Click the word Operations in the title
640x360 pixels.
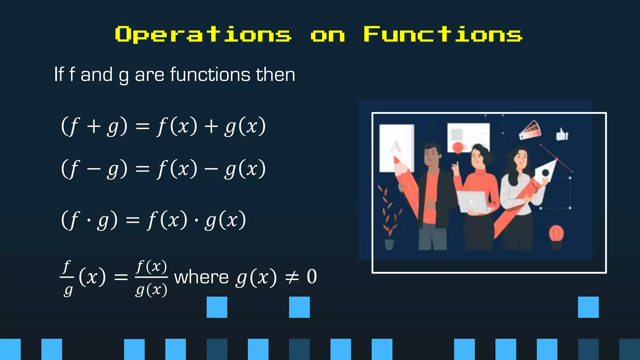click(203, 34)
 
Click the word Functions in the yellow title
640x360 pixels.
click(443, 34)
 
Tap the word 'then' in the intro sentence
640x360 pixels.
click(275, 75)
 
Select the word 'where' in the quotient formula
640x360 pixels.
click(202, 277)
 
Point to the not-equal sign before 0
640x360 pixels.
click(292, 277)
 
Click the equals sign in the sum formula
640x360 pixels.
click(142, 127)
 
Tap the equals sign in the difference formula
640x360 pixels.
click(142, 169)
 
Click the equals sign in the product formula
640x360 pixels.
click(132, 221)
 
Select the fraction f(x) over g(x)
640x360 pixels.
click(152, 278)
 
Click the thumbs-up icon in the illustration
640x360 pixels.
click(562, 134)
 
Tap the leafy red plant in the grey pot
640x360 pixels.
click(388, 212)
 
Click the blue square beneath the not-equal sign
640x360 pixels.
click(299, 307)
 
